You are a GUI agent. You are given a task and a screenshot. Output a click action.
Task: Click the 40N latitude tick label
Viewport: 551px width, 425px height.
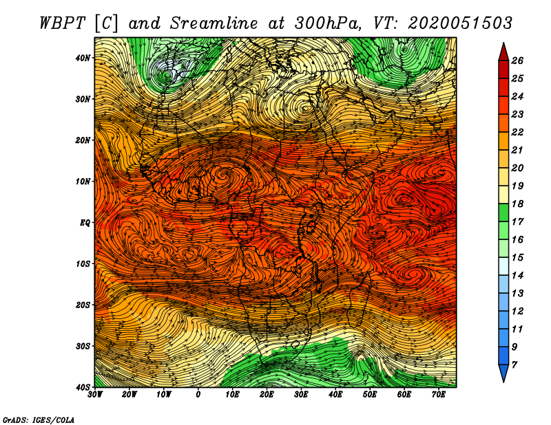[x=83, y=58]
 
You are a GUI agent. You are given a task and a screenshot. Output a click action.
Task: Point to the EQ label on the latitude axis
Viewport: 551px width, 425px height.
[x=85, y=223]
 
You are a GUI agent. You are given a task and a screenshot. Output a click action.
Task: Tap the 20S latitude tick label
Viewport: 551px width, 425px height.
[x=83, y=305]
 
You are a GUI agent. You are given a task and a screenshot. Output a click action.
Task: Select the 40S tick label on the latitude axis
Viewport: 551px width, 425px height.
[x=83, y=387]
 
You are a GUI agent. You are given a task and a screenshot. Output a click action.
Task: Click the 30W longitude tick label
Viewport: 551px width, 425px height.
[x=95, y=395]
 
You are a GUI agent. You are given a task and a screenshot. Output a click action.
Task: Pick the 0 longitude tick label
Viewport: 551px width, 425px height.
[x=198, y=395]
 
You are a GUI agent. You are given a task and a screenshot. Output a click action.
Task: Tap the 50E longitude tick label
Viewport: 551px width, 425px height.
[x=370, y=395]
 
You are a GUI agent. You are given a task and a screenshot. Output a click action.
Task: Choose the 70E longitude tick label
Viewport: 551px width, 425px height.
[x=439, y=395]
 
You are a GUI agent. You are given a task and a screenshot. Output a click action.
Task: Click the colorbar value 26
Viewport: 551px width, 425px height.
[x=517, y=61]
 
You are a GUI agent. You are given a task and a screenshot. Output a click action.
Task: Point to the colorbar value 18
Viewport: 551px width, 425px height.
[x=517, y=204]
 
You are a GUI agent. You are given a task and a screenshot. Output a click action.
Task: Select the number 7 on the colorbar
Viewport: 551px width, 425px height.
[x=514, y=365]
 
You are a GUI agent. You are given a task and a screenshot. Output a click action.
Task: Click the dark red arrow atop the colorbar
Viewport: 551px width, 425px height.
[x=503, y=52]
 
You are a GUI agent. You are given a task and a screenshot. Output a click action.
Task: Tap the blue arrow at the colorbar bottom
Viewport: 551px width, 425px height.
[x=503, y=373]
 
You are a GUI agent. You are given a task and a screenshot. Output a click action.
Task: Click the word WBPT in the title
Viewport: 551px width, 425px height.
[x=62, y=23]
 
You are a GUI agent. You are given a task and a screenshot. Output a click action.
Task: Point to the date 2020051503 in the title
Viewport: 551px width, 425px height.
[x=460, y=23]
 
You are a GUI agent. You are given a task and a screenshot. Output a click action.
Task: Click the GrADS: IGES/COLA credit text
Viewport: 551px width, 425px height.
[x=39, y=419]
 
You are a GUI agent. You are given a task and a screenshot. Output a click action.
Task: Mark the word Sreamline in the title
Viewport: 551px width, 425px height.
[x=214, y=23]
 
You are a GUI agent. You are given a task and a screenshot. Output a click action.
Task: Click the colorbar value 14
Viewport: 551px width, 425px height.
[x=517, y=276]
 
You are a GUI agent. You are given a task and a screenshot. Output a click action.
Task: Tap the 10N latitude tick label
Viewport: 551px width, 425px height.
[x=83, y=182]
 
